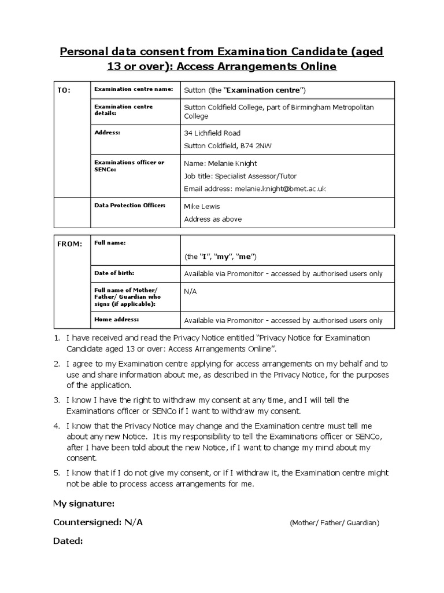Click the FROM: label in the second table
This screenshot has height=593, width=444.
tap(69, 244)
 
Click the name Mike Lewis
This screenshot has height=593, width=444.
tap(202, 206)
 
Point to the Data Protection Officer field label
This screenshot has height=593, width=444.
tap(129, 206)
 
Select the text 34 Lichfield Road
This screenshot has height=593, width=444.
tap(212, 133)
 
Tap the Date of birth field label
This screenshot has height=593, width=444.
tap(114, 272)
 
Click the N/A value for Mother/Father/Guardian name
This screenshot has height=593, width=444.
tap(190, 291)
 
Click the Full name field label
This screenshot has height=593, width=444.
tap(110, 243)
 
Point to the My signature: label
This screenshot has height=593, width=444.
tap(84, 503)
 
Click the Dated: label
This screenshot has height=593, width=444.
tap(68, 541)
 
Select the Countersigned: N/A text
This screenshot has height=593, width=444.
tap(98, 522)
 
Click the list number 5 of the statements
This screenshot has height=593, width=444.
tap(57, 473)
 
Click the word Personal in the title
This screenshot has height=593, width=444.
tap(82, 52)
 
